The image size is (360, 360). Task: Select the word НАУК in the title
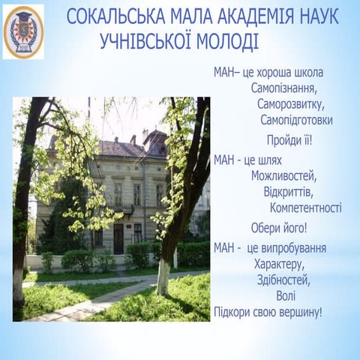point(319,17)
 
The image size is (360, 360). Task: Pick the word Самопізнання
point(283,88)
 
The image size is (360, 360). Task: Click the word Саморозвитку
point(289,104)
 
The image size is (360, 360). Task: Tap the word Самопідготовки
point(297,120)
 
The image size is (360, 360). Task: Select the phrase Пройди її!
point(289,140)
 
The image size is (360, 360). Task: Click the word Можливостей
point(284,177)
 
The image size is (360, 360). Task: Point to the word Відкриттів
point(289,193)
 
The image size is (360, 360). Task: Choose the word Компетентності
point(305,208)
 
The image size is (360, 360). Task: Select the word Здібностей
point(283,280)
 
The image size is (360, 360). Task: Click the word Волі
point(286,295)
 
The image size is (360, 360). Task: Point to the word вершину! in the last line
point(298,312)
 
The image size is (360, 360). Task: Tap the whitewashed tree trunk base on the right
point(163,277)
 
